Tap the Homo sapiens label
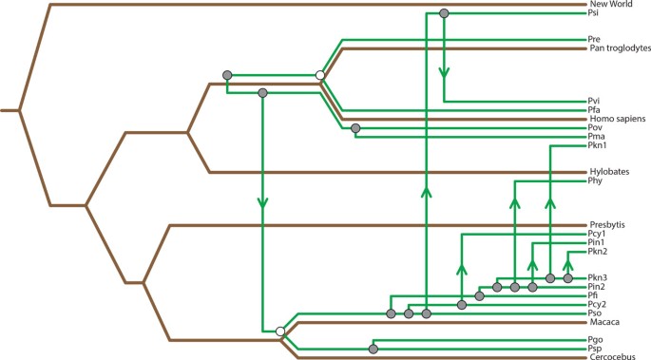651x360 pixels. pos(614,118)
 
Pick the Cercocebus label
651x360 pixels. pos(610,358)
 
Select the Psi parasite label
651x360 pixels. pos(593,13)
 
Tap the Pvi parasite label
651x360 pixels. pos(594,101)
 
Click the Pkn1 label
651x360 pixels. pos(597,145)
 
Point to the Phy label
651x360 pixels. pos(595,180)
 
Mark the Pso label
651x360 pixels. pos(595,313)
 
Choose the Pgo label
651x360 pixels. pos(596,339)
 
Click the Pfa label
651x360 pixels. pos(594,110)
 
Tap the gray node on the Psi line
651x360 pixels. pos(444,13)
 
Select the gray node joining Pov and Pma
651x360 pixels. pos(355,128)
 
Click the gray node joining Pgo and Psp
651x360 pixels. pos(373,348)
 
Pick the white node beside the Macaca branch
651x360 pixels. pos(279,331)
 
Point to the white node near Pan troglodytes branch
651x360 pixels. pos(320,75)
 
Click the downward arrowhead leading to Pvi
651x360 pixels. pos(444,72)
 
